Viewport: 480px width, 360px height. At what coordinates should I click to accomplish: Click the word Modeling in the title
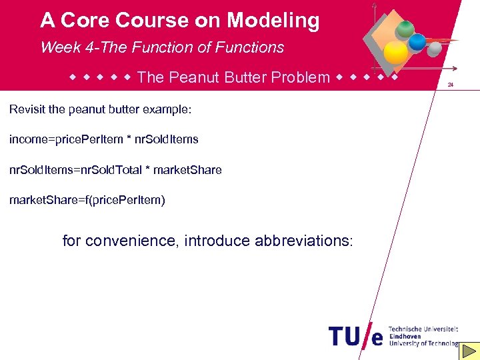273,21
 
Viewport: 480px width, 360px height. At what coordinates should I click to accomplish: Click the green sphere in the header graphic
404,29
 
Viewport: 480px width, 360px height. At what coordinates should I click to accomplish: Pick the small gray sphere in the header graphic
434,50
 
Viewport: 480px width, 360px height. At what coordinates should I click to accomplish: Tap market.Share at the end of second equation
189,170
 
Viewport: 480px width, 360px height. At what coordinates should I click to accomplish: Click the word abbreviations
303,241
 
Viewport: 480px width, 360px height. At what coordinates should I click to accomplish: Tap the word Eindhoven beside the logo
406,336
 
